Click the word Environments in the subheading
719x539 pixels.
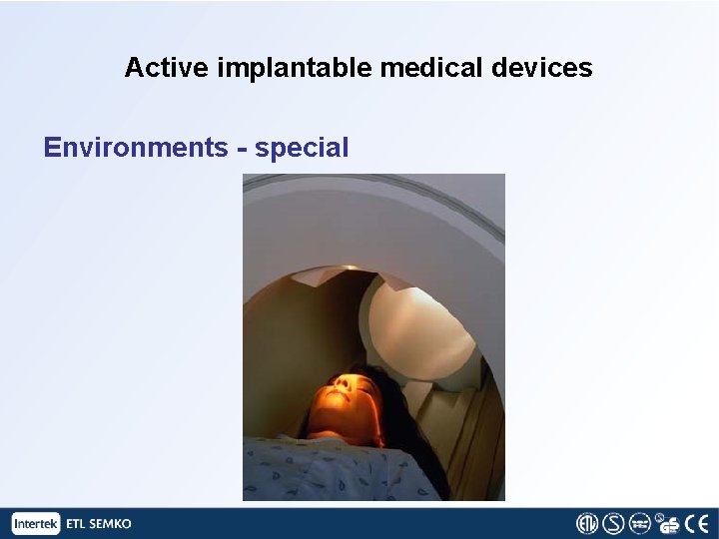pyautogui.click(x=136, y=148)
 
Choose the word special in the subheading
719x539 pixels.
pyautogui.click(x=302, y=148)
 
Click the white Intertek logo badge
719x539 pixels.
pyautogui.click(x=36, y=523)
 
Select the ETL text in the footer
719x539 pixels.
pyautogui.click(x=77, y=523)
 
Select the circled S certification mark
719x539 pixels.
pyautogui.click(x=613, y=523)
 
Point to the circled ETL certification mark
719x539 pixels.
pyautogui.click(x=587, y=523)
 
